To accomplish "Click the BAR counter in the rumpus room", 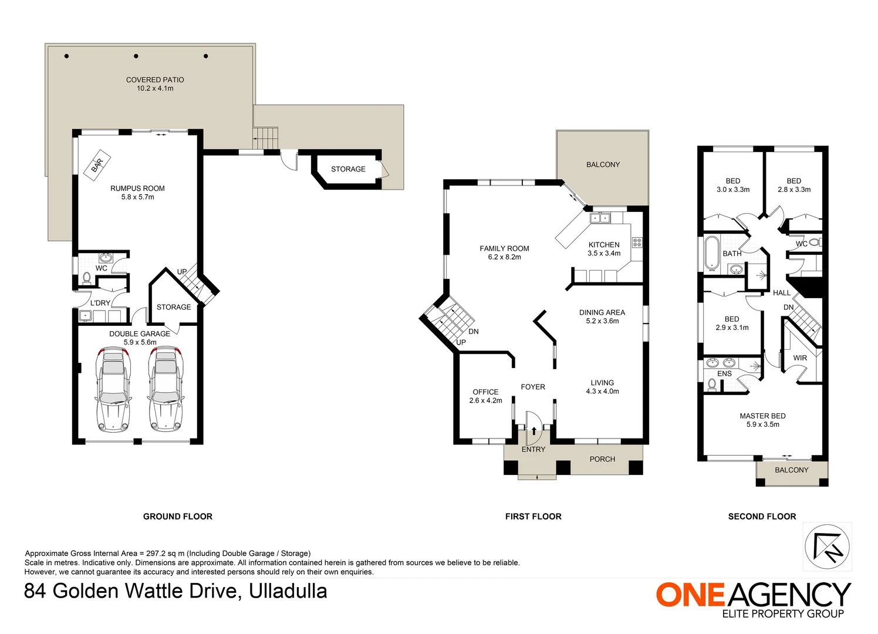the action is point(97,165).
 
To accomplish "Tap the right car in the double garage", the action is point(166,389).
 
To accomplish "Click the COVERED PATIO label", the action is point(155,80).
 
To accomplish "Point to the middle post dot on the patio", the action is point(136,56).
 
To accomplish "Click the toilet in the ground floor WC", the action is point(87,278).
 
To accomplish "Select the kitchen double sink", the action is point(600,218).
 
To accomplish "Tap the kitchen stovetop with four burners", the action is point(637,242).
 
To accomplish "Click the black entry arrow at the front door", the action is point(534,431).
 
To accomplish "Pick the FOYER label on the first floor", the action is point(533,387).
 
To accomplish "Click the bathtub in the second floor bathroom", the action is point(711,254).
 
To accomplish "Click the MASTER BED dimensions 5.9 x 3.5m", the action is point(762,424).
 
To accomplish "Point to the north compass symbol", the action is point(827,547).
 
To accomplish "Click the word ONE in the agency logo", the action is point(690,595).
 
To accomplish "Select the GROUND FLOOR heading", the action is point(178,517).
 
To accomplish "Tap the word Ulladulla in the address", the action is point(288,591).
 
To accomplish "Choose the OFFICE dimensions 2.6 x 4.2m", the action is point(485,400).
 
